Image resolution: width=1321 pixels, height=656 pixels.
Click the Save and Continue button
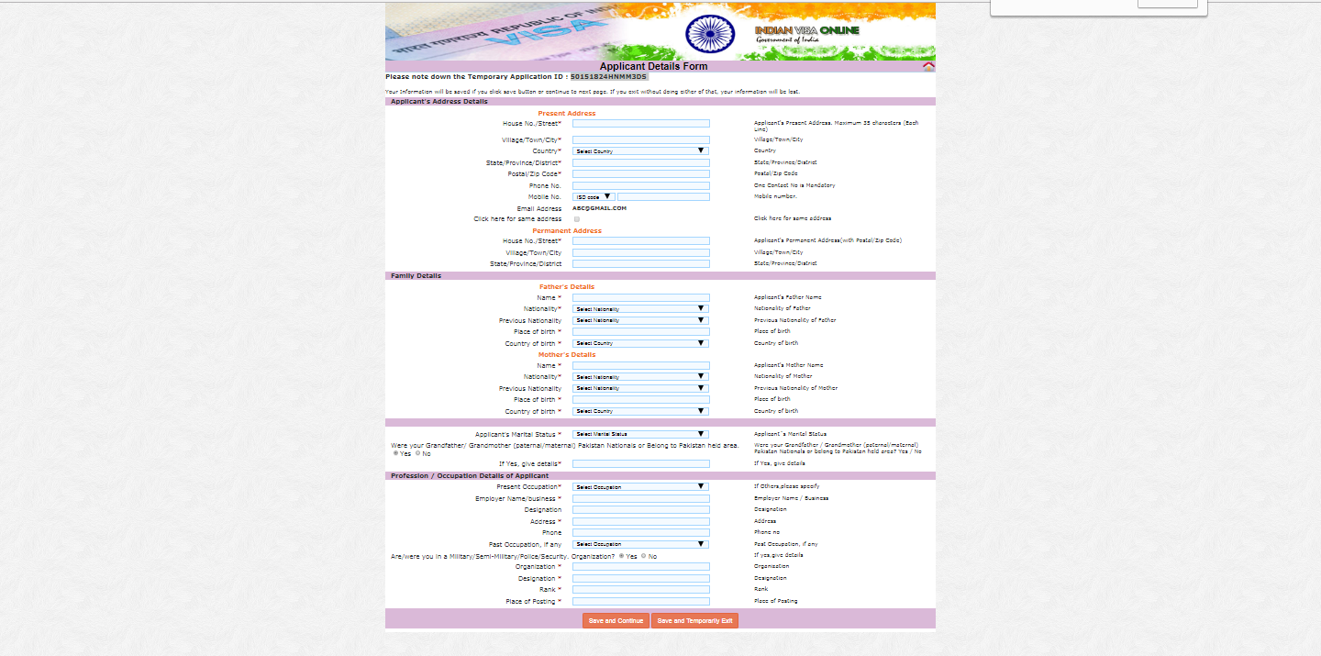(x=616, y=621)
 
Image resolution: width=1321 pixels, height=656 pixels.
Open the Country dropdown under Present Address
(x=640, y=150)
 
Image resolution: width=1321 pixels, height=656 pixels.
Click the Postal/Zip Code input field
(x=640, y=173)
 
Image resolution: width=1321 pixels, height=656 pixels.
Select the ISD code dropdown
(x=594, y=196)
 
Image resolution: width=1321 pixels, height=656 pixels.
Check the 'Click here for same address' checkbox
(x=577, y=219)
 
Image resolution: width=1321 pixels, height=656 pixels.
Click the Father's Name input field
(x=640, y=297)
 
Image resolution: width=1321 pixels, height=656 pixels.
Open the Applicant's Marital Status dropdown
(x=640, y=434)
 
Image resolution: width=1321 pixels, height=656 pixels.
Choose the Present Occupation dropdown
(x=640, y=486)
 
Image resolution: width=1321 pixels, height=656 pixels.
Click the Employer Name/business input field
(x=640, y=498)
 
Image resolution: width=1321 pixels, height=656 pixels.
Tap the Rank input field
(x=640, y=589)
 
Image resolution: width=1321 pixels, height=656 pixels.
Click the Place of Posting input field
(x=640, y=601)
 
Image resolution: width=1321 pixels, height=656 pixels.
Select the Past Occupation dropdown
(x=640, y=544)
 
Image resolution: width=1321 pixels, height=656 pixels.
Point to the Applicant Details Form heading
(x=653, y=66)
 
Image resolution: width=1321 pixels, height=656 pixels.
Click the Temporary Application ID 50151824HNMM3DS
(x=608, y=77)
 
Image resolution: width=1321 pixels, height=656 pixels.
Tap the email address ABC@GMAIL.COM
(x=599, y=208)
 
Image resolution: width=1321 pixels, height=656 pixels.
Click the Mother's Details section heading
(x=567, y=354)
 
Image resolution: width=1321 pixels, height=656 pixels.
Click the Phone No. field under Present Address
(x=640, y=185)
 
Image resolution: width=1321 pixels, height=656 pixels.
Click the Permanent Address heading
(x=567, y=230)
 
